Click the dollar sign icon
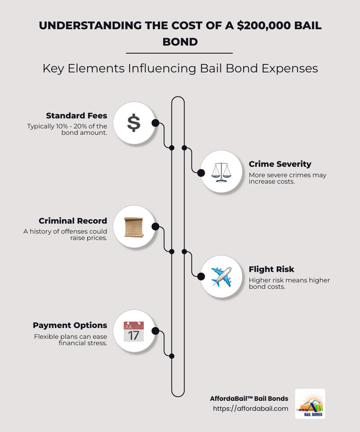(134, 123)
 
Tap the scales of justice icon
(221, 172)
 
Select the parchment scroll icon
(134, 227)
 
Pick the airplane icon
(221, 276)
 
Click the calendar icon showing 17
(134, 331)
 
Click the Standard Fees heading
(76, 116)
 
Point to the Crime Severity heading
(280, 164)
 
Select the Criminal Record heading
(73, 221)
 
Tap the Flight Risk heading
(272, 269)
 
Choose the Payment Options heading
(70, 325)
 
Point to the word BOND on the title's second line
(180, 41)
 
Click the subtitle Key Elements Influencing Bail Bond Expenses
(180, 68)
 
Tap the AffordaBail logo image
(310, 404)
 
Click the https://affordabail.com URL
(250, 408)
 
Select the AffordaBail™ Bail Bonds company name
(249, 398)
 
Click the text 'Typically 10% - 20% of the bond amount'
(67, 129)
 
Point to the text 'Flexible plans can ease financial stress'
(70, 340)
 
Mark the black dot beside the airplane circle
(201, 276)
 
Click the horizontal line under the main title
(179, 53)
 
